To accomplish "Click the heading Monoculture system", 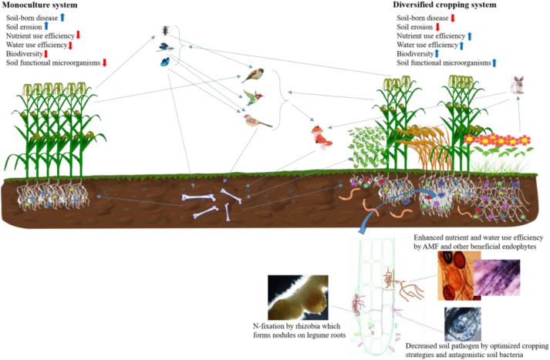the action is pyautogui.click(x=39, y=5).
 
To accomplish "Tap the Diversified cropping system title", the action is pyautogui.click(x=444, y=5).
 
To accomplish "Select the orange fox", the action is pyautogui.click(x=321, y=136).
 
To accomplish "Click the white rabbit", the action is pyautogui.click(x=517, y=85).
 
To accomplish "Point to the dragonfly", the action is pyautogui.click(x=165, y=47).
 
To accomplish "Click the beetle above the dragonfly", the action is pyautogui.click(x=165, y=31).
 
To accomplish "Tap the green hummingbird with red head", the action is pyautogui.click(x=253, y=97).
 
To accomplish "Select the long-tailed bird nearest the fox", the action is pyautogui.click(x=257, y=120).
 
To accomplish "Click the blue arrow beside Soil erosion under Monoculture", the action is pyautogui.click(x=46, y=27).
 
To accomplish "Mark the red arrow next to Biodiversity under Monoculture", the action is pyautogui.click(x=46, y=54).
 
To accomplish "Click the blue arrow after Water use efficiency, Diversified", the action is pyautogui.click(x=461, y=45).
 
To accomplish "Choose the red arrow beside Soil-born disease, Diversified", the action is pyautogui.click(x=453, y=18).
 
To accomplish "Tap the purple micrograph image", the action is pyautogui.click(x=497, y=278).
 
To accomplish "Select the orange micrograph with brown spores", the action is pyautogui.click(x=458, y=275).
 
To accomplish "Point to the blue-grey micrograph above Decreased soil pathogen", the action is pyautogui.click(x=463, y=325).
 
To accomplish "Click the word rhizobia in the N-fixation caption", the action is pyautogui.click(x=304, y=326).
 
